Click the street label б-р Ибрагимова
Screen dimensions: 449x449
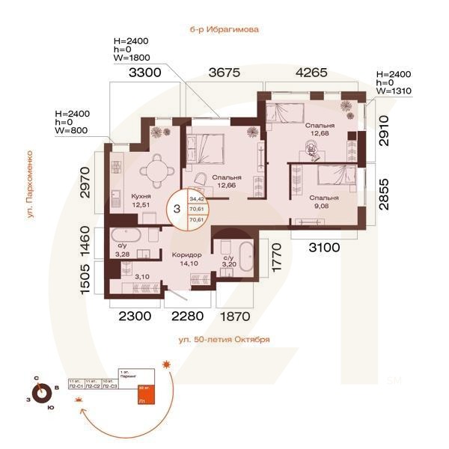coord(224,31)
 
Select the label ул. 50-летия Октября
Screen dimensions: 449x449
coord(224,339)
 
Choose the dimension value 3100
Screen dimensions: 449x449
coord(325,246)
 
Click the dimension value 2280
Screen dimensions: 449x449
coord(187,316)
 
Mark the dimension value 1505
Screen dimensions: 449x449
coord(87,275)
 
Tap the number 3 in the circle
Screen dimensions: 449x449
coord(177,209)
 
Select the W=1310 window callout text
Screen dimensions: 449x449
coord(395,91)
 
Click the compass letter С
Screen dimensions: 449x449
coord(36,379)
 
